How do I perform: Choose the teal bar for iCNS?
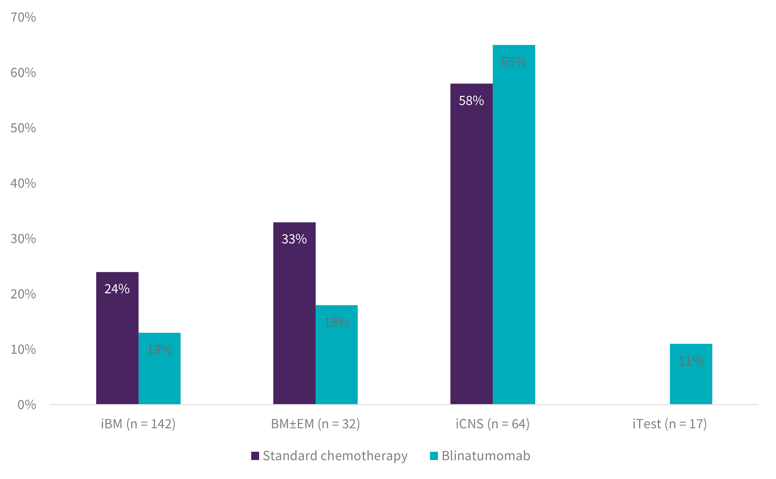coord(514,224)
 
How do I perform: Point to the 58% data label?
coord(471,101)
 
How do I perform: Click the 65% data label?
coord(513,62)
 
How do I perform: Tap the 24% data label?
coord(117,289)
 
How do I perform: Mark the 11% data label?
coord(691,361)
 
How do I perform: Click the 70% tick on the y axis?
coord(23,17)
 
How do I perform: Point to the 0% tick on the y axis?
coord(27,405)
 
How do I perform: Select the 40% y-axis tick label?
coord(23,183)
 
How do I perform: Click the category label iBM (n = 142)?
coord(138,424)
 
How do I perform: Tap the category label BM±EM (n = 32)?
coord(315,424)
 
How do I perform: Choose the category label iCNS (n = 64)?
coord(492,424)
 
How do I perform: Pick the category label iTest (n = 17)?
coord(670,424)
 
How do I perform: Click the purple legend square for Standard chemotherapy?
coord(255,456)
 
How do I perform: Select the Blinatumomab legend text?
coord(486,456)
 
